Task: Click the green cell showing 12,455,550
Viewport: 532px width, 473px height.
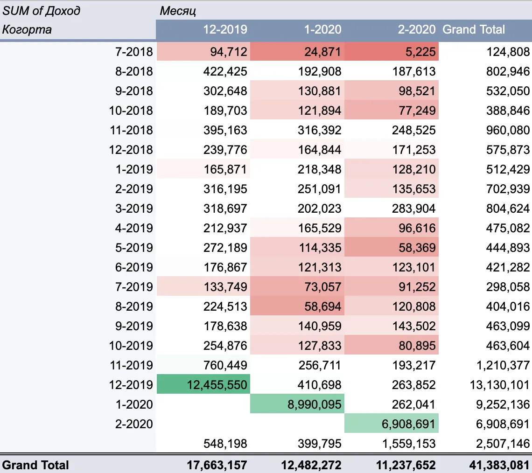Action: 203,384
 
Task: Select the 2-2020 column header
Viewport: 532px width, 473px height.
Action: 417,29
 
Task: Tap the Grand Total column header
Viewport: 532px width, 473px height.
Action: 474,29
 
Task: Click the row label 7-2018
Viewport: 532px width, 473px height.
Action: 134,51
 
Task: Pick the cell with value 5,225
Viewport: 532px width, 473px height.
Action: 392,51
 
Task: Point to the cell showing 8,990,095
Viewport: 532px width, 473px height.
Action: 297,404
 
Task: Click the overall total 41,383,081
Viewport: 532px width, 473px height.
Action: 499,465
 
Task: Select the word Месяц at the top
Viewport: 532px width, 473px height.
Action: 178,11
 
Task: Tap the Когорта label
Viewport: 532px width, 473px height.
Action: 27,29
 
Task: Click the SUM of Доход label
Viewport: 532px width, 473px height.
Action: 42,11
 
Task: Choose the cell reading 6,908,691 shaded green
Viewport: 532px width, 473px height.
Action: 392,424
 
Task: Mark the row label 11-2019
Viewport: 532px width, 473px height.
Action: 131,365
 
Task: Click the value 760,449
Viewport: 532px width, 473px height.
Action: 225,365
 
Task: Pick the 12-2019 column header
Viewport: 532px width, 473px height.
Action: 225,29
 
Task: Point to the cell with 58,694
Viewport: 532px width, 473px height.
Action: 297,306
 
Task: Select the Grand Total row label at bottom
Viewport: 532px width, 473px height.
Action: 35,465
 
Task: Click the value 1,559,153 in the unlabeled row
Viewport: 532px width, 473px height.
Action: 409,443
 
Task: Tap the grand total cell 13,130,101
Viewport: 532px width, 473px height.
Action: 499,384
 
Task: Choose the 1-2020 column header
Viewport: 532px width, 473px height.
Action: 322,29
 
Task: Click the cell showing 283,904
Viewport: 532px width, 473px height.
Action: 413,208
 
